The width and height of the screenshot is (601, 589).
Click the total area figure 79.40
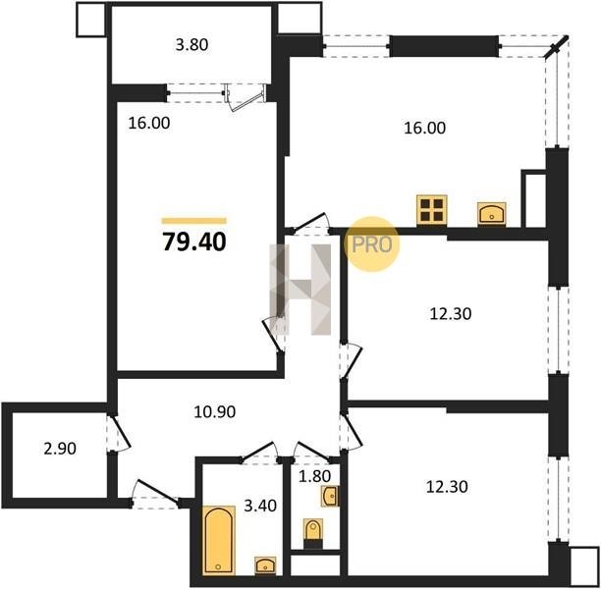coord(194,242)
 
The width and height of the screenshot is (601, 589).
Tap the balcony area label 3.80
coord(192,45)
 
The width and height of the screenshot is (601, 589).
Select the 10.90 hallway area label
coord(215,412)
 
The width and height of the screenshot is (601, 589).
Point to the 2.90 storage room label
coord(60,449)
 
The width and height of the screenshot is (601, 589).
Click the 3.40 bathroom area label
coord(260,506)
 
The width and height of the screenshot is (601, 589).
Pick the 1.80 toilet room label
coord(314,476)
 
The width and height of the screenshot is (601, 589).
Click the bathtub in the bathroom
coord(218,540)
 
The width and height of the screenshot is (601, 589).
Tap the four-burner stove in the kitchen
coord(432,210)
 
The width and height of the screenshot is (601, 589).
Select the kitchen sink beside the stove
coord(492,213)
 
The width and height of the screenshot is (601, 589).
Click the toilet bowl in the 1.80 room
coord(313,531)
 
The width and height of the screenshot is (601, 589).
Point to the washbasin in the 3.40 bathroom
coord(265,565)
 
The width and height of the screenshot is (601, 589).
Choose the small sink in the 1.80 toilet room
coord(330,497)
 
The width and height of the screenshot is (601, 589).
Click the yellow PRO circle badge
coord(371,244)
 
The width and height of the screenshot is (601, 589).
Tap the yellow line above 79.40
coord(193,221)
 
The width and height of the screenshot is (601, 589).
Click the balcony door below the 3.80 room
coord(246,98)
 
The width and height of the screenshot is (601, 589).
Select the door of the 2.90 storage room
coord(119,433)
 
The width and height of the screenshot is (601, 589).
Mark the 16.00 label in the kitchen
coord(424,128)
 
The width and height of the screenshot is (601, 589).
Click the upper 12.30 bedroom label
coord(451,314)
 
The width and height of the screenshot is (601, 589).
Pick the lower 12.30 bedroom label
coord(447,487)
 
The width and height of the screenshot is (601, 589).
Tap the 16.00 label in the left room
coord(149,124)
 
